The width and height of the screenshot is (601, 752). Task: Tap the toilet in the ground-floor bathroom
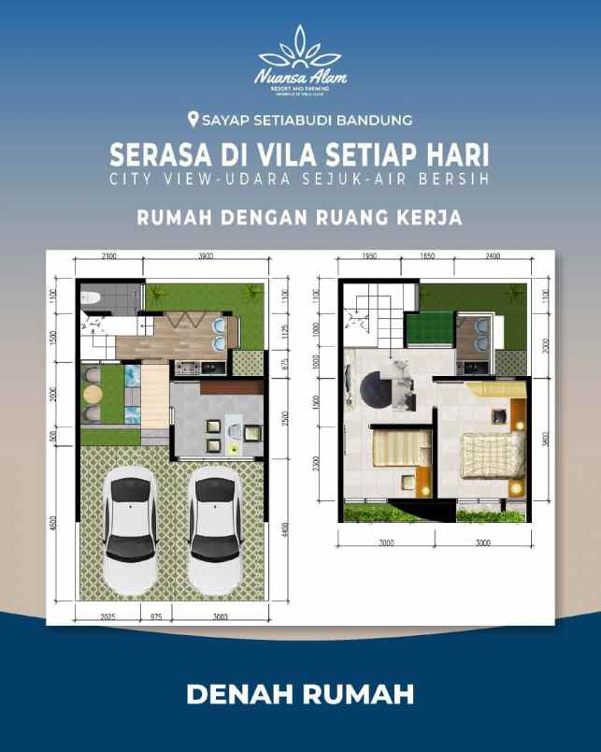click(91, 297)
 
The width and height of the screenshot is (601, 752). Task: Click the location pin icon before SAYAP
click(193, 120)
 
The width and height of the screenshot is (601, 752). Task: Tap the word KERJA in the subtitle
click(428, 217)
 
